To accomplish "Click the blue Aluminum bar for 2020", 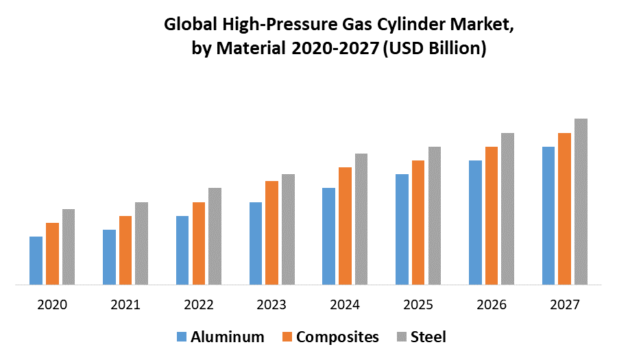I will point(36,261).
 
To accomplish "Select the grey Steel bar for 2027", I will point(581,202).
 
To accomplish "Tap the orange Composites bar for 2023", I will point(272,232).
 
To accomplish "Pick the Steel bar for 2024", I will point(361,219).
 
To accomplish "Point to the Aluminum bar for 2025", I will point(402,229).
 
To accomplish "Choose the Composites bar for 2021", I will point(125,250).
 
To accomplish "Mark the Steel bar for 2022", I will point(215,236).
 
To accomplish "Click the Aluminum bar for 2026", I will point(475,222).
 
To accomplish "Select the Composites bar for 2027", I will point(564,208).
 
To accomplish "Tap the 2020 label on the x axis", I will point(52,304).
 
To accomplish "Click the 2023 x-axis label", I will point(272,304).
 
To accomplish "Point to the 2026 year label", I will point(492,304).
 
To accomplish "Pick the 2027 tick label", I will point(565,304).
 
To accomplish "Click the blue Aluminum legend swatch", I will point(182,337).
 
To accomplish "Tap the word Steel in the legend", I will point(428,337).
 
